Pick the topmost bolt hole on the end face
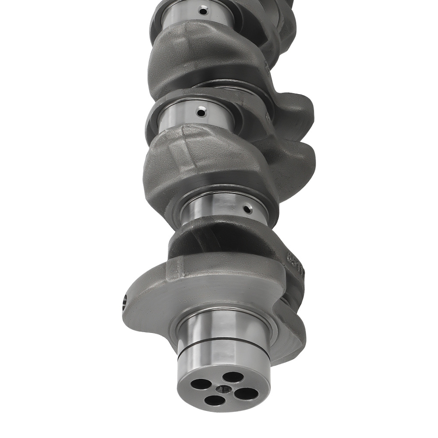(x=233, y=377)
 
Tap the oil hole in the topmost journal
(x=202, y=11)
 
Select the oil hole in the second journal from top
(x=201, y=113)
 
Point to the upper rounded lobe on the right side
(x=298, y=109)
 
